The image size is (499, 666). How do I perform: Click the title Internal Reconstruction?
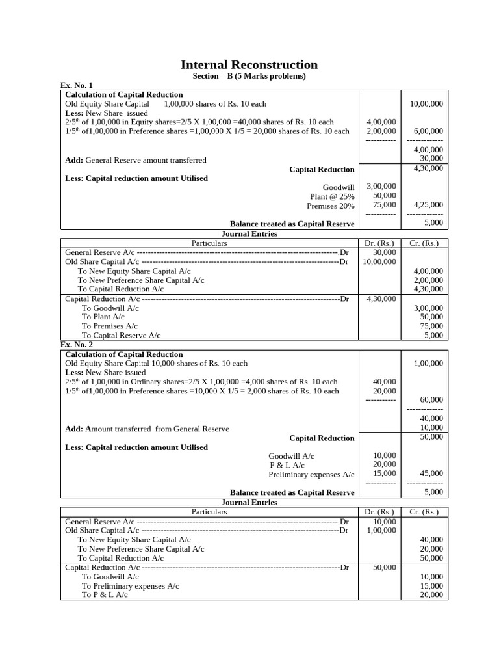[249, 64]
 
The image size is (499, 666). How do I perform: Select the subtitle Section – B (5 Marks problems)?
[249, 76]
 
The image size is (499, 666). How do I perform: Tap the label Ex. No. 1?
[77, 85]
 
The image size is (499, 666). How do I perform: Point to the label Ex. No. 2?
[77, 345]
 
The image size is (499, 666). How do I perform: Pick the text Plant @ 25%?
[332, 196]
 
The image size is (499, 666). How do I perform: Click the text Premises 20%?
[331, 206]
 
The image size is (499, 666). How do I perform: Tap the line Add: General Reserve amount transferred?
[136, 160]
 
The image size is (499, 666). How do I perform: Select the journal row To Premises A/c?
[109, 326]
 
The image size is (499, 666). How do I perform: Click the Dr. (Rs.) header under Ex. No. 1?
[380, 243]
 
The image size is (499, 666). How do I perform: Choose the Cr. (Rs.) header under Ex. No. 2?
[424, 512]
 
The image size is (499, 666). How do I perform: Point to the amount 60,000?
[431, 399]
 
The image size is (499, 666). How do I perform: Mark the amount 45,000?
[431, 473]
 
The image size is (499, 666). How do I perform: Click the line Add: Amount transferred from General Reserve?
[147, 429]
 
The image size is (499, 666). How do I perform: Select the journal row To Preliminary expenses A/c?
[130, 586]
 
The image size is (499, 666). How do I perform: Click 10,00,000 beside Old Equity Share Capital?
[426, 103]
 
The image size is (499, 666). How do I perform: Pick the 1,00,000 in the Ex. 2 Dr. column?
[381, 531]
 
